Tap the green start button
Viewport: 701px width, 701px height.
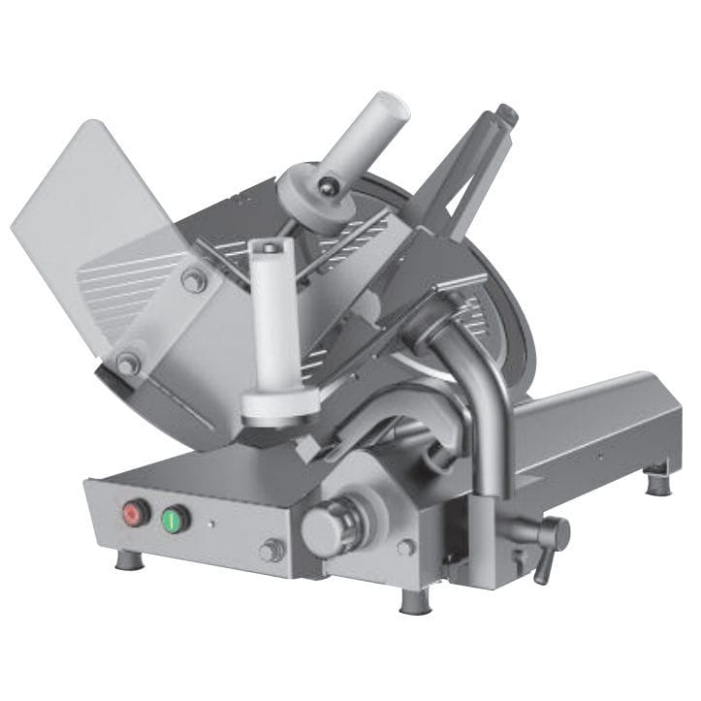(x=175, y=519)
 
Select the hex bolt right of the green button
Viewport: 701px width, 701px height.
(x=271, y=550)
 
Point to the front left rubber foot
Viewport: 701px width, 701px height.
(x=128, y=560)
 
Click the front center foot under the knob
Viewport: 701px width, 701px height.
(x=414, y=601)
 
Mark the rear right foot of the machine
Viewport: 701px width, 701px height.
(x=657, y=479)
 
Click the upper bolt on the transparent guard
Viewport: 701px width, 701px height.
(x=194, y=280)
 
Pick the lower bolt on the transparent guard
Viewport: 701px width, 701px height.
(x=127, y=364)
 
